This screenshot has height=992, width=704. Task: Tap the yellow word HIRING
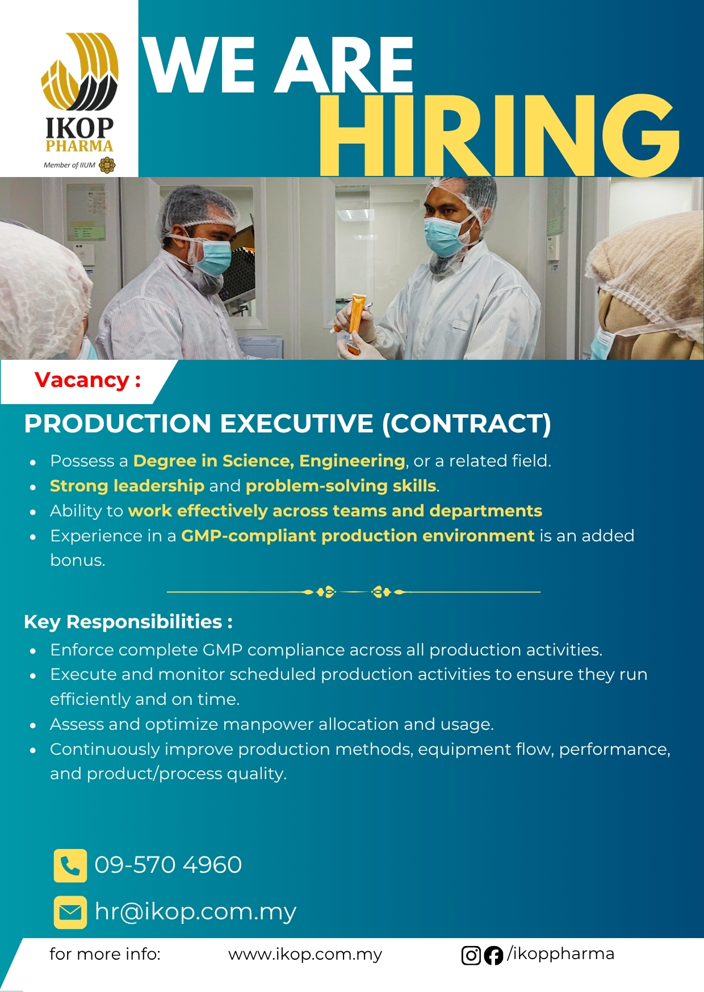499,136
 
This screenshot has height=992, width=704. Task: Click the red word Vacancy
82,380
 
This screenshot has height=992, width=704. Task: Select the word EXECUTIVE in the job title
297,423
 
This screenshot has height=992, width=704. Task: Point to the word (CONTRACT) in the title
467,424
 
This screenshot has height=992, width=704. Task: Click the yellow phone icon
70,865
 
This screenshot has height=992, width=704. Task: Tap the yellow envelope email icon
70,912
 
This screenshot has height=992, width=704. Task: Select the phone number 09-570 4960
168,865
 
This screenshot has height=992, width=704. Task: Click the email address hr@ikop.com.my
195,912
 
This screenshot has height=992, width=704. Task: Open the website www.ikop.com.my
305,955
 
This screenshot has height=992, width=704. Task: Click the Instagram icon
471,956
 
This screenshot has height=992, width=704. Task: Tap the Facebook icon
493,956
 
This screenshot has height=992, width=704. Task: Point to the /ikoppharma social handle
560,954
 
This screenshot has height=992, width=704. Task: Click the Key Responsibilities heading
128,622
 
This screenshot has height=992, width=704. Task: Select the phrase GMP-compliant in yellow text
249,536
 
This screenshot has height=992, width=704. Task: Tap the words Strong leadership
127,486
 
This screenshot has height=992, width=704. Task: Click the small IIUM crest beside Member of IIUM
107,165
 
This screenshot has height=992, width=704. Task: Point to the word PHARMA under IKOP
79,146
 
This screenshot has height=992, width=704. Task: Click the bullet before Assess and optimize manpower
33,725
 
